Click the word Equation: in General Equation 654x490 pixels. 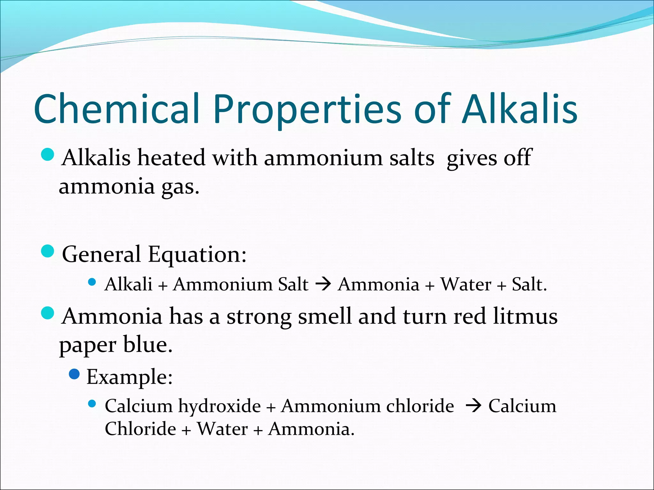pos(197,255)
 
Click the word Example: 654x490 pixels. pos(130,377)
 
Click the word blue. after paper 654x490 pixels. pos(148,345)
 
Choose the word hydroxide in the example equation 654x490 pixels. pos(219,406)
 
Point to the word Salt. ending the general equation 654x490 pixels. pos(529,284)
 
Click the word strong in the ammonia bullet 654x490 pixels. pos(259,316)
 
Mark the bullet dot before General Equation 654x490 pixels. pos(48,251)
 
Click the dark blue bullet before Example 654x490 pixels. pos(74,374)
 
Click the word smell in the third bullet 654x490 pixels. pos(324,316)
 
